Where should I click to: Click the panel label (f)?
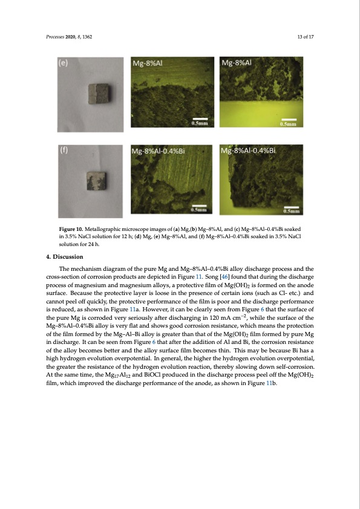(63, 151)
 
